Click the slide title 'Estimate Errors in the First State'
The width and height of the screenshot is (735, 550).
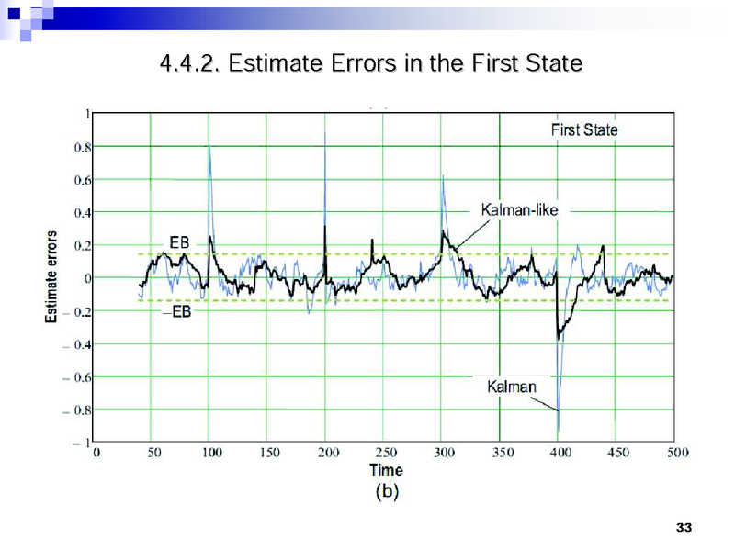[370, 63]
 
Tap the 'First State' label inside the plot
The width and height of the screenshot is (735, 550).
[584, 129]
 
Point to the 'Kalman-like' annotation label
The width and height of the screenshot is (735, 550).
[519, 210]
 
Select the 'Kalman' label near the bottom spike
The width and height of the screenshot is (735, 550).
[512, 387]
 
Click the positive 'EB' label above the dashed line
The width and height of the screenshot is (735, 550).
[180, 241]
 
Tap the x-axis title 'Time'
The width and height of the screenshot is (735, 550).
[386, 470]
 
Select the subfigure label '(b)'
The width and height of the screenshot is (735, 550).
[386, 491]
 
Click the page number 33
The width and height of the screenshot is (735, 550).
[683, 527]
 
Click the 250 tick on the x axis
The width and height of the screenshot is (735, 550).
[387, 452]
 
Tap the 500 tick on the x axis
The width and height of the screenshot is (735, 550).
[676, 452]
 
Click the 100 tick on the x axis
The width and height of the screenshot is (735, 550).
[212, 452]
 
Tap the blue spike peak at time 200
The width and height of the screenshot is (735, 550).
[325, 133]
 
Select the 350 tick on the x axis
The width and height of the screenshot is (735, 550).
[503, 452]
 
